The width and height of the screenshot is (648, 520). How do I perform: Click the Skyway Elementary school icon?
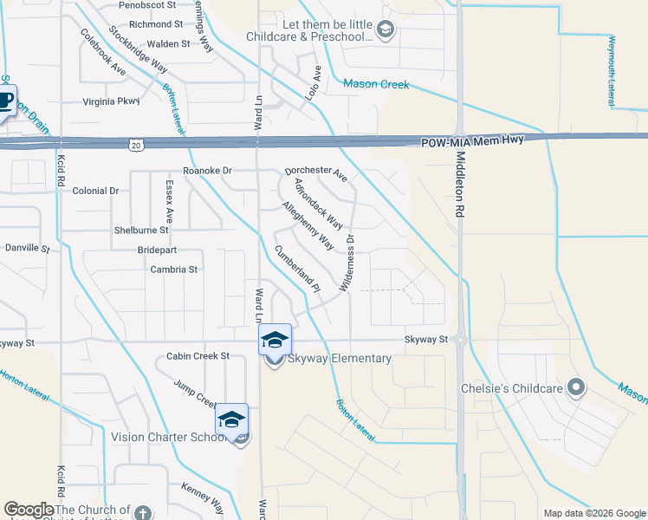(x=275, y=340)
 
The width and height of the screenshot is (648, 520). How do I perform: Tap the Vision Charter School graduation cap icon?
(x=232, y=419)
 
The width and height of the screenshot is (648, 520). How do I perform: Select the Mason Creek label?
(x=376, y=84)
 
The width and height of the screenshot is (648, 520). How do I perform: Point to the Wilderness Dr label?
(x=348, y=262)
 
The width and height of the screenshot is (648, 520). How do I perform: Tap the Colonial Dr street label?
(x=95, y=191)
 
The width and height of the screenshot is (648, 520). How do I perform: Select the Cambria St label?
(x=173, y=270)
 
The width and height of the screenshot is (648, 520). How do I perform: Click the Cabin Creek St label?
(x=198, y=356)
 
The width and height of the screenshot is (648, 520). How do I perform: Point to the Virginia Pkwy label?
(x=110, y=101)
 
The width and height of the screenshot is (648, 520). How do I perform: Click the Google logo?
(x=29, y=510)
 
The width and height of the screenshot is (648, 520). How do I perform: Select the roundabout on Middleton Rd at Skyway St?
(x=460, y=341)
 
